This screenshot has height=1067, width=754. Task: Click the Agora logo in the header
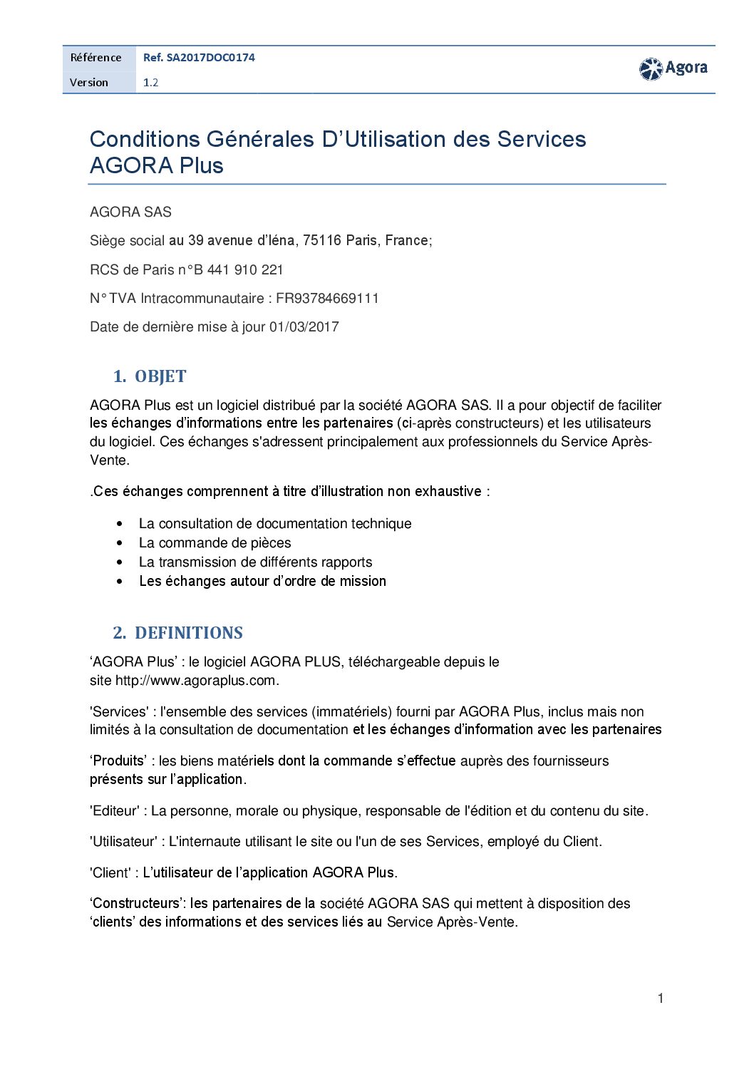coord(673,68)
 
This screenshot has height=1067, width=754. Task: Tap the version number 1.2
coord(150,83)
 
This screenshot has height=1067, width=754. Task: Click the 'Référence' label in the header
coord(96,58)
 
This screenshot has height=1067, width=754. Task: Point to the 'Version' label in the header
coord(89,83)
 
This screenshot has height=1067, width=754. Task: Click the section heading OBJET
coord(160,376)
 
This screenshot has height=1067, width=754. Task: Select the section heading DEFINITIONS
coord(189,633)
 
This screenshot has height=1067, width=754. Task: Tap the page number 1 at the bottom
coord(661,999)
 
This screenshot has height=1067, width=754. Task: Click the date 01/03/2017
coord(304,327)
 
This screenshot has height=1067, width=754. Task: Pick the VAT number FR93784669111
coord(327,299)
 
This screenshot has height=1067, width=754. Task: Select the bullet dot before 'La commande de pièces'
coord(119,543)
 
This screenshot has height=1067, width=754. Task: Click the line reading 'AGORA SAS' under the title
coord(130,212)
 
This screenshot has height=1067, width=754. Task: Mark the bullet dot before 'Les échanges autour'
coord(119,582)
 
